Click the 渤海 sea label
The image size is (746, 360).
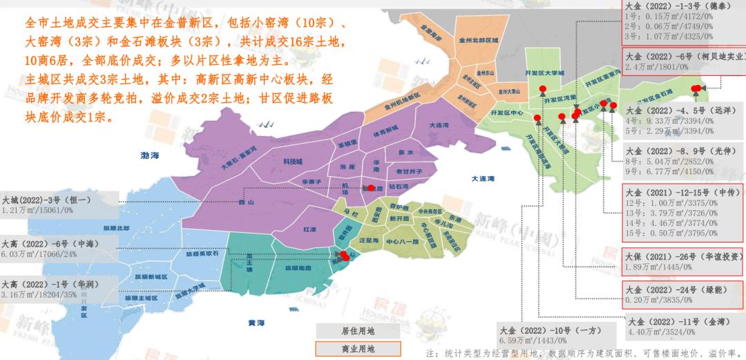point(149,156)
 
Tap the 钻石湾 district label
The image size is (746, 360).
point(399,187)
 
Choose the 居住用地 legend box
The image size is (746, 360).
point(348,330)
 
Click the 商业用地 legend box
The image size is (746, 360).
point(348,348)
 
